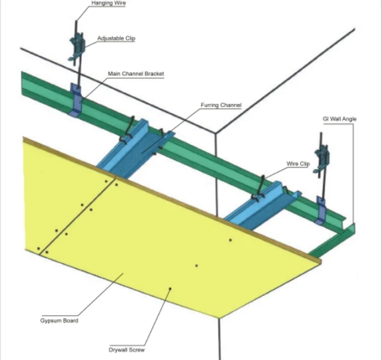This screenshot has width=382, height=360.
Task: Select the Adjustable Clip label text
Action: (x=116, y=38)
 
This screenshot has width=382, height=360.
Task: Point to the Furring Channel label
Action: (x=221, y=105)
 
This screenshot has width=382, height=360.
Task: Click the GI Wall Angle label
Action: (x=339, y=119)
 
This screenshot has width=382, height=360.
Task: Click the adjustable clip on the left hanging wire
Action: (x=77, y=44)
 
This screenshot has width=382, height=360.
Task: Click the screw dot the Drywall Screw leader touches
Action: (x=171, y=288)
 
